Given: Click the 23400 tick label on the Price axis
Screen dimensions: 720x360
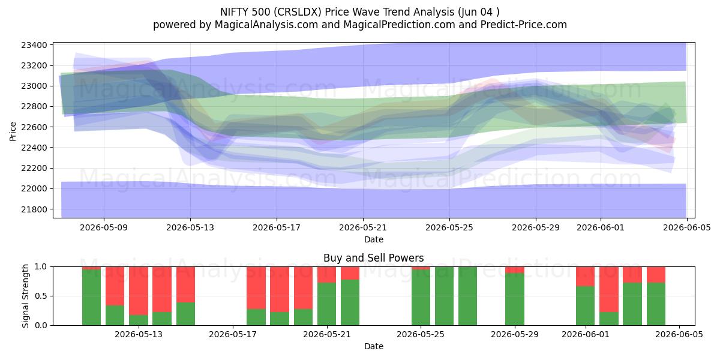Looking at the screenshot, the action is point(34,45).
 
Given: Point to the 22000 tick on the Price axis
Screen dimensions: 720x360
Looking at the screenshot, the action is point(34,188).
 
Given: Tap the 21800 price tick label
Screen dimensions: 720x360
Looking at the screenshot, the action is point(34,209).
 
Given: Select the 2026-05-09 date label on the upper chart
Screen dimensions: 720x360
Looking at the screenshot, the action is point(104,227).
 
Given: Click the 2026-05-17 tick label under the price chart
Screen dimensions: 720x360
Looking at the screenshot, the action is point(277,227).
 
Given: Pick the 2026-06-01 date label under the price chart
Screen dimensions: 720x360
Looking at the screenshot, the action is point(601,227).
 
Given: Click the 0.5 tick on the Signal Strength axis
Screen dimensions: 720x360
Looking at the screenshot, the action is point(41,296).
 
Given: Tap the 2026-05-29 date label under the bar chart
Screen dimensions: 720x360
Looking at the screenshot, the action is point(515,335).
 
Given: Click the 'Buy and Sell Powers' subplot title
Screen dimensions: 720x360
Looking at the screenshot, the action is point(373,258).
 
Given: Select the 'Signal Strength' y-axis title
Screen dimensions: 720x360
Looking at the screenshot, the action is point(25,296).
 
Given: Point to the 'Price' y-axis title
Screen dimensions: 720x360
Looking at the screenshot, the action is point(13,131).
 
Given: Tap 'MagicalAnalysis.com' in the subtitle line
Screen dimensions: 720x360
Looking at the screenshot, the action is point(266,25).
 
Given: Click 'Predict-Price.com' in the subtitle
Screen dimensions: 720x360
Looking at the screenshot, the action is point(524,25).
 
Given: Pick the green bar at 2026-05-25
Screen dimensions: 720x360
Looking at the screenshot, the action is point(421,298).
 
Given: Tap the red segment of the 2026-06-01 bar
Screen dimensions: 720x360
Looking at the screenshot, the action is point(586,277).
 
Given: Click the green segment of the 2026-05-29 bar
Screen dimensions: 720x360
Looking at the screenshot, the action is point(515,299).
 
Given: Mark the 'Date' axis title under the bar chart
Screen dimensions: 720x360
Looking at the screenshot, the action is point(373,346).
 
